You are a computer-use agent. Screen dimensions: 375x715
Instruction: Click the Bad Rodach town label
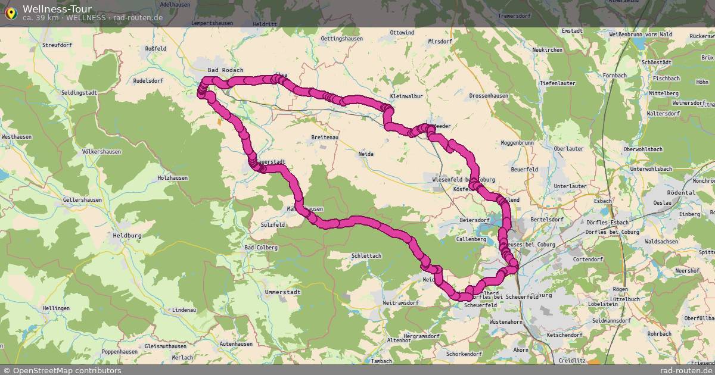coord(225,70)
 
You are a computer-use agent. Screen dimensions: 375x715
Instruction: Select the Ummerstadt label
coord(283,292)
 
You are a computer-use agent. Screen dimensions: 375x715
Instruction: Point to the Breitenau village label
coord(325,137)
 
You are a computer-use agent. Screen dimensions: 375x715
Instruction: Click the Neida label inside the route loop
coord(366,154)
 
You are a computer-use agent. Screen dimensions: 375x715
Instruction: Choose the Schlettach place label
coord(366,255)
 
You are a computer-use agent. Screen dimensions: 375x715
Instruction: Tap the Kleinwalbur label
coord(406,96)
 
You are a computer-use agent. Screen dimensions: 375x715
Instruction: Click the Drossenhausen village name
coord(489,95)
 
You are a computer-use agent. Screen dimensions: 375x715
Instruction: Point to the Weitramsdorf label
coord(402,303)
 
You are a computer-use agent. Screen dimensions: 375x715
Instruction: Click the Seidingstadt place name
coord(79,93)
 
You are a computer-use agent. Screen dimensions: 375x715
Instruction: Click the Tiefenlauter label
coord(557,83)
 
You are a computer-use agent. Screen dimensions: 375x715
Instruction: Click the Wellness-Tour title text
coord(57,9)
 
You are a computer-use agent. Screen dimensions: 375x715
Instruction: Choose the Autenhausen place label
coord(236,344)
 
